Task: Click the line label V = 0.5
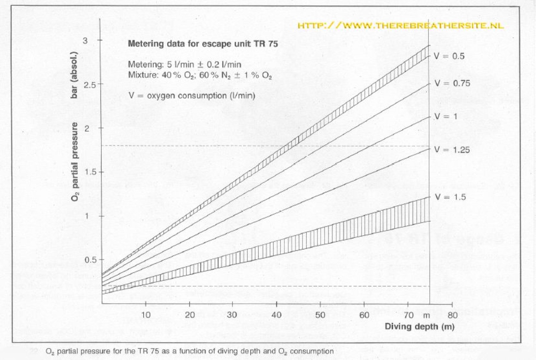(x=449, y=56)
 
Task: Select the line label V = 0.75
(x=452, y=83)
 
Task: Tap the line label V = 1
(x=445, y=116)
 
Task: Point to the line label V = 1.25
(x=452, y=150)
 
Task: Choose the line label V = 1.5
(x=450, y=197)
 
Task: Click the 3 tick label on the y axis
(x=85, y=41)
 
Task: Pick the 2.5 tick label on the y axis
(x=89, y=85)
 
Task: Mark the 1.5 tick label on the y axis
(x=89, y=172)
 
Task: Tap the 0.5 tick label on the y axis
(x=89, y=260)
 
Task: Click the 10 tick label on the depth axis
(x=146, y=315)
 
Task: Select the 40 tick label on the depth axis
(x=277, y=315)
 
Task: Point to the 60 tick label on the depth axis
(x=364, y=315)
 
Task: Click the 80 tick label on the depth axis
(x=452, y=315)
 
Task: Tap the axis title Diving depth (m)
(x=420, y=326)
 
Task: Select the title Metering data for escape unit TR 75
(x=203, y=44)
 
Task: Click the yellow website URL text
(x=400, y=26)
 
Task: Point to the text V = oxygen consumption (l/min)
(x=192, y=96)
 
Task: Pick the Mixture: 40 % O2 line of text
(x=200, y=75)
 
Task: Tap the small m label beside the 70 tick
(x=426, y=315)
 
